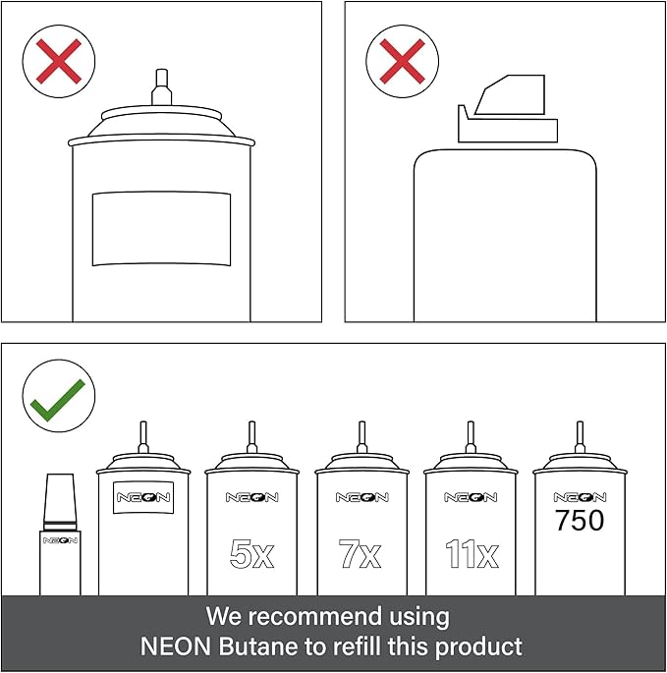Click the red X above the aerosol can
59,61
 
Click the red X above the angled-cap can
402,61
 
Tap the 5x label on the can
251,554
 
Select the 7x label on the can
360,554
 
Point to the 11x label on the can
472,554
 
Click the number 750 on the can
580,520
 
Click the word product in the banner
478,646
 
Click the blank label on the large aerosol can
161,229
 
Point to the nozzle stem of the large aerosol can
161,86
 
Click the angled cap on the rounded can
508,109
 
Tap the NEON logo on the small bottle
60,540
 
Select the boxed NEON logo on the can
143,497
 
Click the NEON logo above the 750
580,497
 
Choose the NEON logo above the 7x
361,497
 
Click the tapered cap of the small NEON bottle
60,501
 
